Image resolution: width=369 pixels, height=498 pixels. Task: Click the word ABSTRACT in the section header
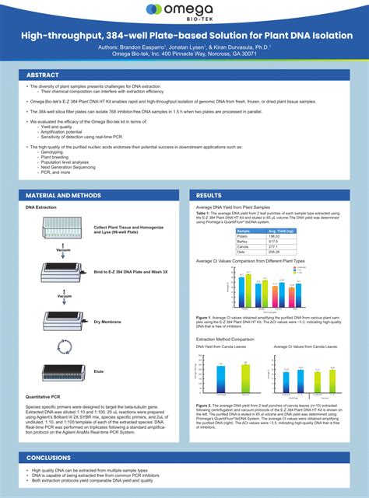tap(44, 75)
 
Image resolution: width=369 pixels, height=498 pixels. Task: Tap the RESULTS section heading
tap(209, 195)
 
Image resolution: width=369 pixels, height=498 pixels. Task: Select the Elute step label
tap(99, 371)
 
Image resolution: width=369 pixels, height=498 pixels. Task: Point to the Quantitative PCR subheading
tap(44, 397)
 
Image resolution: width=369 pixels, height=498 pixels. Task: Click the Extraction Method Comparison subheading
tap(225, 340)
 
